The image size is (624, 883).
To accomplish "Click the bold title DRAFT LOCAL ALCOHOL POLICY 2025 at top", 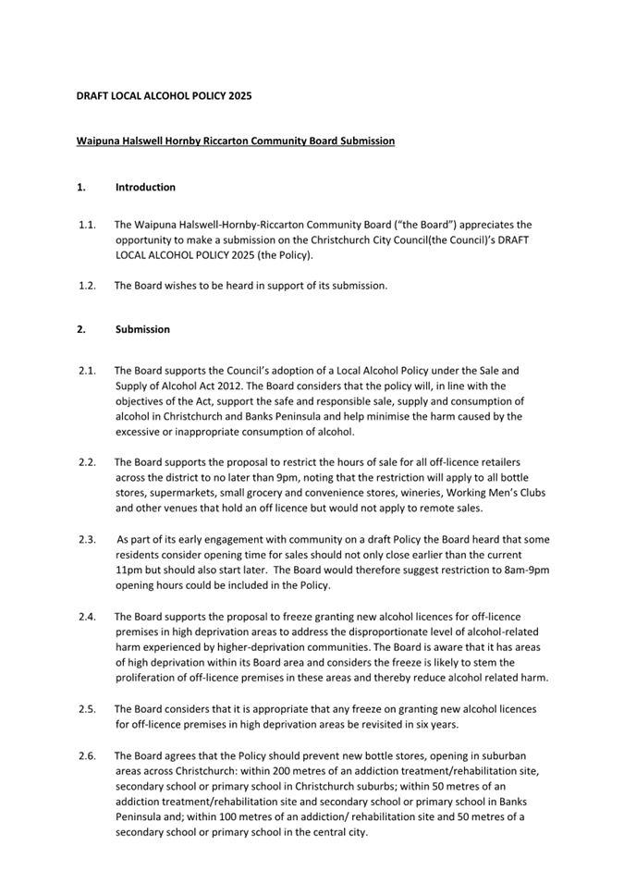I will [164, 95].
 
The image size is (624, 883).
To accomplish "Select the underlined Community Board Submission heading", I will [236, 141].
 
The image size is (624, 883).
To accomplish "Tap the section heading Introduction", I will [145, 187].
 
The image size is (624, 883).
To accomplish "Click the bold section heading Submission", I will [142, 329].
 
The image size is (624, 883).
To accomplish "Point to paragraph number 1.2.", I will [88, 285].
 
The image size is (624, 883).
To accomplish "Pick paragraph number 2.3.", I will [88, 539].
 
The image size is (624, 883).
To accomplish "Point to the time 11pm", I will [129, 570].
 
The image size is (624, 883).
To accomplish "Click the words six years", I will [434, 725].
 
